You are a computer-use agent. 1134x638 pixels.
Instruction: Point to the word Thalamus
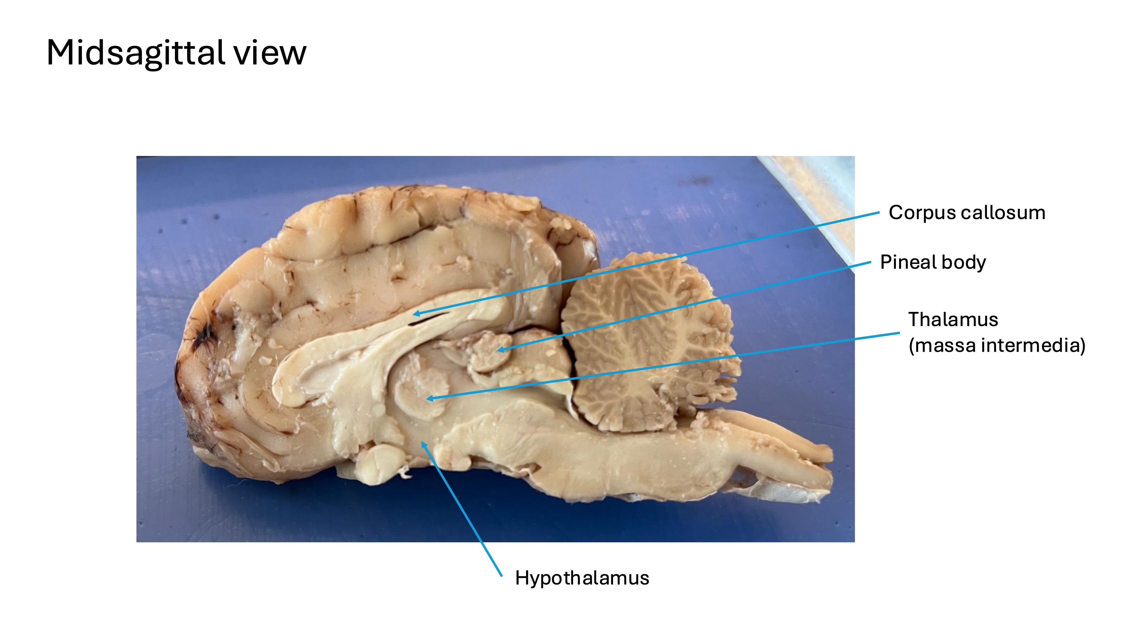coord(953,320)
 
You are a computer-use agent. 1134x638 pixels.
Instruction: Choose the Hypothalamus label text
coord(582,578)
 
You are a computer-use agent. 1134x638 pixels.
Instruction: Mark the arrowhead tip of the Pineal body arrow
coord(497,351)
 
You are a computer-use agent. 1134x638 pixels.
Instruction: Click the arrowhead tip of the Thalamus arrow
coord(427,399)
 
